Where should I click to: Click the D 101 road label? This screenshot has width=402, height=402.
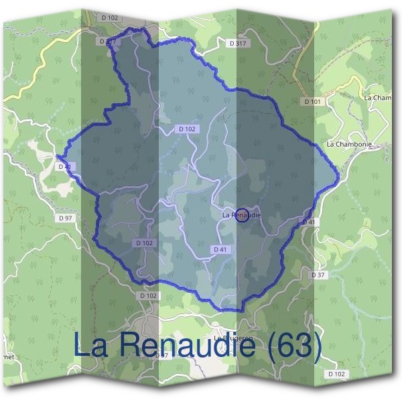click(x=312, y=102)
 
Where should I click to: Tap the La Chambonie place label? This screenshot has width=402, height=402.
click(x=348, y=144)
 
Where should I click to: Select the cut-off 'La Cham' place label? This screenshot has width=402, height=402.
click(x=377, y=98)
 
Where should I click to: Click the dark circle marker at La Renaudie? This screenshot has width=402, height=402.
click(x=243, y=215)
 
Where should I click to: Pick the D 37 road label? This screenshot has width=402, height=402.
click(x=318, y=275)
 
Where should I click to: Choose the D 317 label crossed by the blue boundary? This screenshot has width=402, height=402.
click(x=108, y=41)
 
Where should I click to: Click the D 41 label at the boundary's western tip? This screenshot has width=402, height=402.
click(x=64, y=166)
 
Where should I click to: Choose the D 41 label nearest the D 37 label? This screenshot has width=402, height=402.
click(x=308, y=222)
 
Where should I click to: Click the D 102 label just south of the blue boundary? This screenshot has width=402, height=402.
click(x=149, y=295)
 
